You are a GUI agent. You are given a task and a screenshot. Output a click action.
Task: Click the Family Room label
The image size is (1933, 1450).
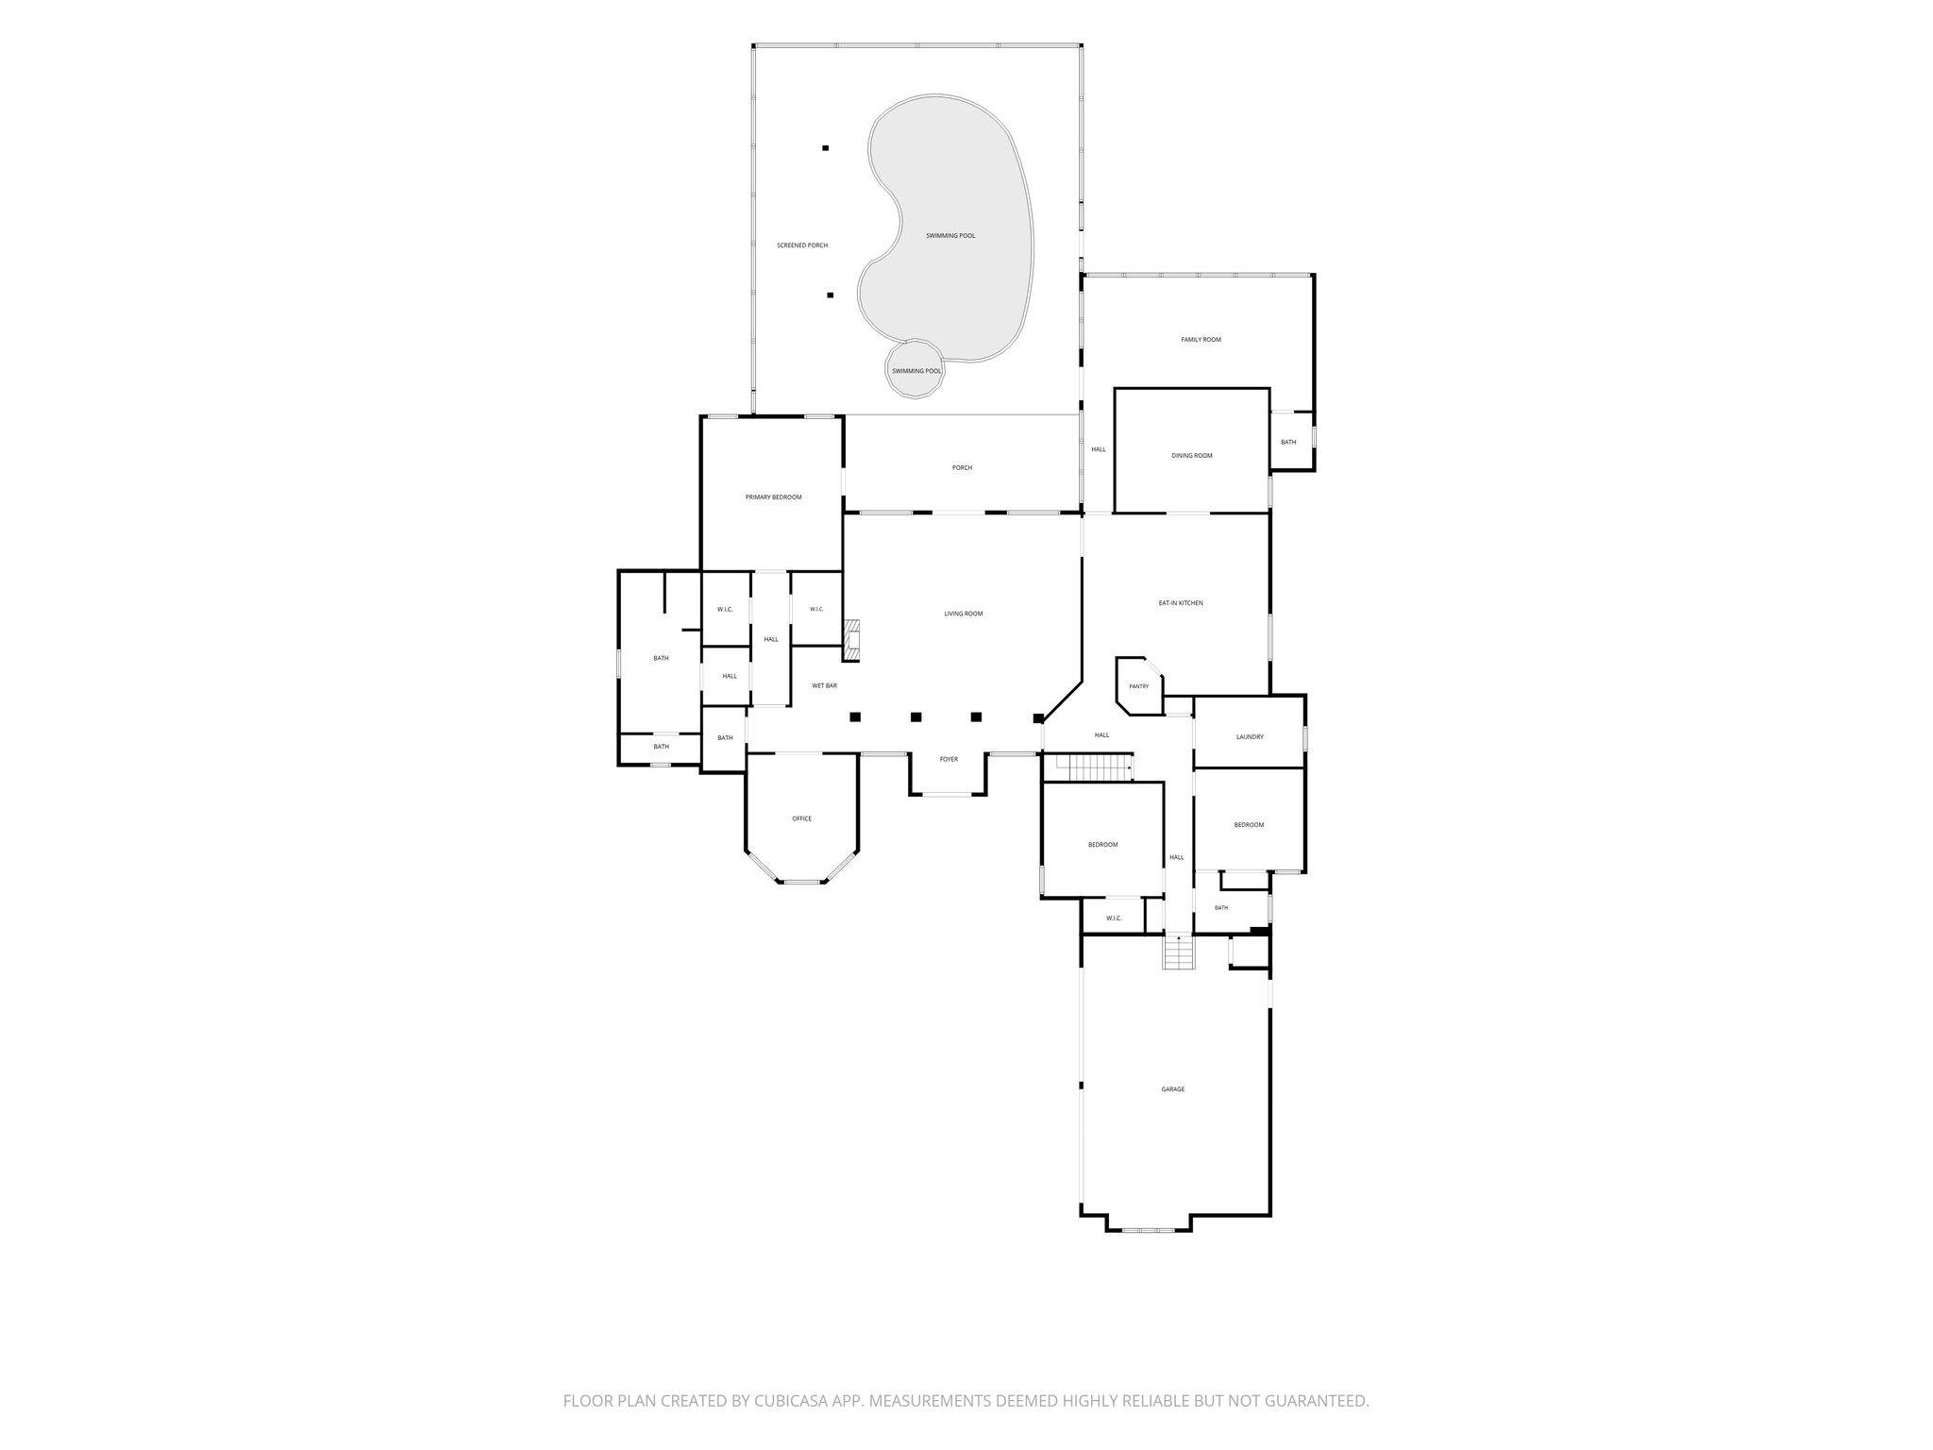[x=1201, y=340]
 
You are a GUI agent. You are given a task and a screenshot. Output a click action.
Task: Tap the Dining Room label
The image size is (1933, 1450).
[x=1191, y=456]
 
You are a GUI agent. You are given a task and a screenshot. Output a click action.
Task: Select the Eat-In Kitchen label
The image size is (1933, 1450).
[x=1181, y=603]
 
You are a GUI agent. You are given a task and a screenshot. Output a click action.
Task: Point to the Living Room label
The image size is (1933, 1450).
[x=964, y=615]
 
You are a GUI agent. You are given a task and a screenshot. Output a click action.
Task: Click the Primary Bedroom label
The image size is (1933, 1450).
[x=773, y=497]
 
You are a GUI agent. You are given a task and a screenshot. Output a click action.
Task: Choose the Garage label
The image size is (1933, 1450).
[x=1173, y=1089]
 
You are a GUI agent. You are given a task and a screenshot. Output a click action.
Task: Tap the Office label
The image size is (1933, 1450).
[x=801, y=818]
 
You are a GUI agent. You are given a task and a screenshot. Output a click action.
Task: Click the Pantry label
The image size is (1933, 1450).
[x=1139, y=686]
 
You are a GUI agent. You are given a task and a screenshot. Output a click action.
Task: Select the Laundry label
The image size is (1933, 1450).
[x=1250, y=737]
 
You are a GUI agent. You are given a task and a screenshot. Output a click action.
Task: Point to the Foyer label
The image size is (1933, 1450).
[x=949, y=759]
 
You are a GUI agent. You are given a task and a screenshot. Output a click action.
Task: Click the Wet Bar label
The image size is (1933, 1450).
[x=824, y=686]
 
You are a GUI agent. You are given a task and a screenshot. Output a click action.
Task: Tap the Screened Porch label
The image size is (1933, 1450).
[x=802, y=245]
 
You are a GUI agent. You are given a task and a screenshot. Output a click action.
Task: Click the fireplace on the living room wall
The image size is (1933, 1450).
[x=852, y=640]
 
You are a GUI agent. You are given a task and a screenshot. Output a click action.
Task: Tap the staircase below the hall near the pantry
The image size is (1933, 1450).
[x=1093, y=767]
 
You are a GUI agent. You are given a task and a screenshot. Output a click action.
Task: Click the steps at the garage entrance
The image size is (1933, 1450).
[x=1179, y=952]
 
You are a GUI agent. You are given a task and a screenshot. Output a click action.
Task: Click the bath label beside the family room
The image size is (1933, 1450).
[x=1288, y=443]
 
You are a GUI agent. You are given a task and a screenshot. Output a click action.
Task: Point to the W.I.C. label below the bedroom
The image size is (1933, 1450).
[x=1114, y=919]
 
